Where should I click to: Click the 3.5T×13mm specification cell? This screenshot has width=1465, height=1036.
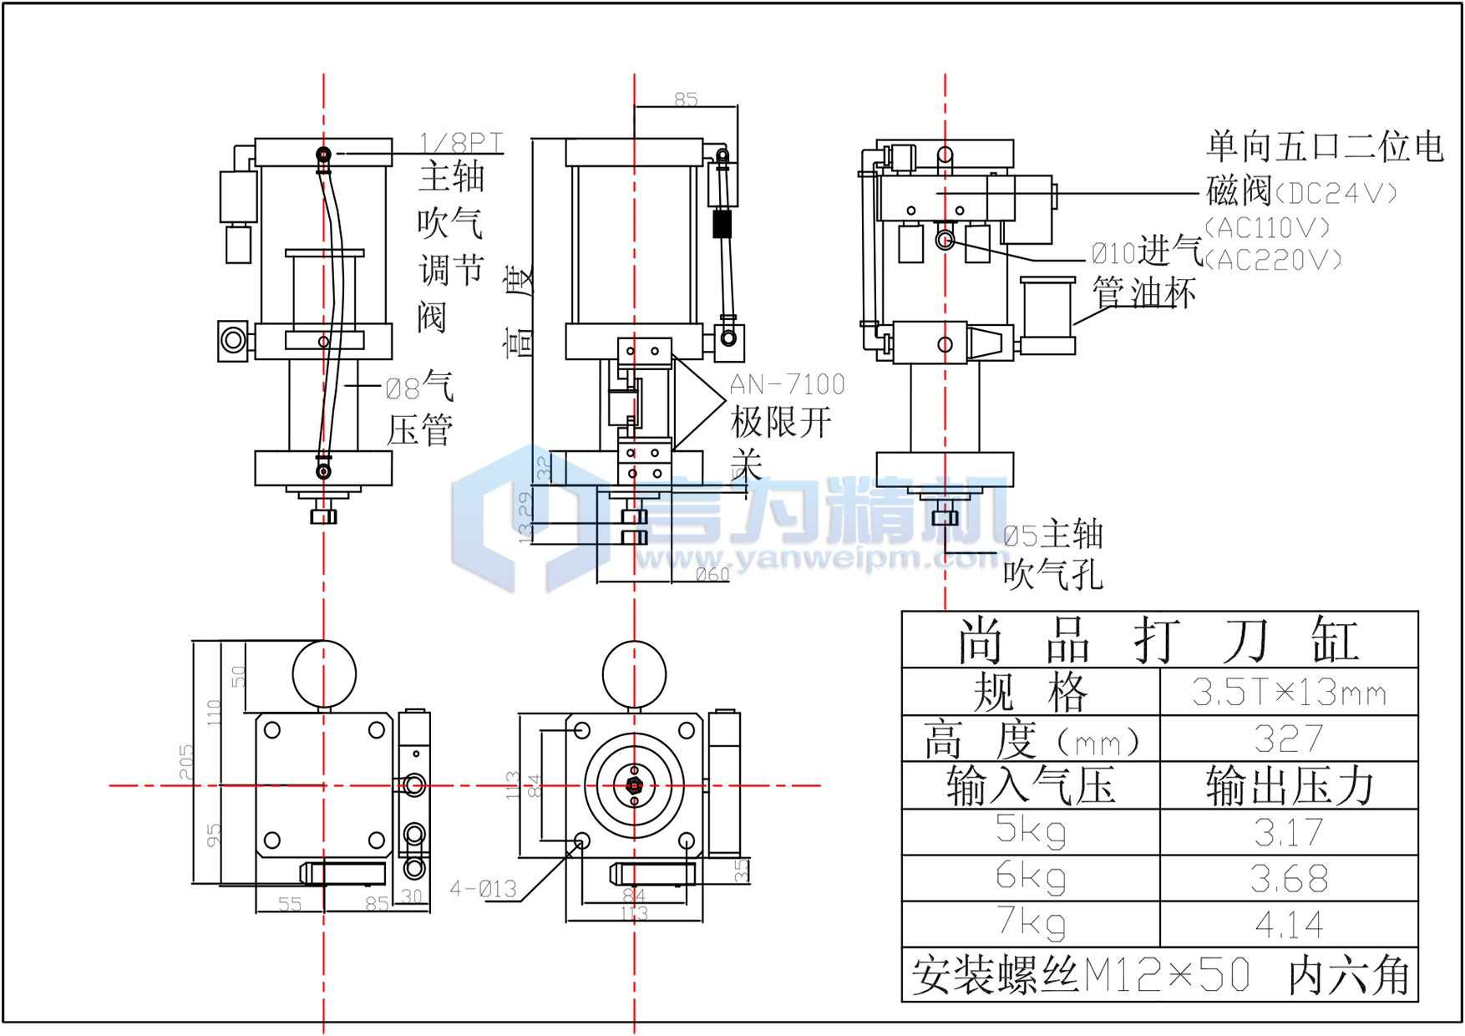tap(1289, 693)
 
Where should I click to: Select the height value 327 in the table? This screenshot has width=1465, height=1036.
tap(1289, 739)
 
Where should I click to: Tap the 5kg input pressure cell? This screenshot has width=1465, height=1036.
tap(1031, 830)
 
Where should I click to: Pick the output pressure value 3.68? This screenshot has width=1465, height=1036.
tap(1289, 878)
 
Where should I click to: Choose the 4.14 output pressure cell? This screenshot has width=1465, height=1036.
tap(1289, 925)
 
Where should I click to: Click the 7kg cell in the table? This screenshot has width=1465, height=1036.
tap(1031, 923)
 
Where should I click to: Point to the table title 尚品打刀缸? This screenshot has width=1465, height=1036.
tap(1159, 641)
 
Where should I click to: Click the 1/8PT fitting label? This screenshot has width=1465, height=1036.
tap(461, 144)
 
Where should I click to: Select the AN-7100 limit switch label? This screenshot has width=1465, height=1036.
tap(787, 384)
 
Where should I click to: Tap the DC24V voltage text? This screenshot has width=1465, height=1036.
tap(1335, 194)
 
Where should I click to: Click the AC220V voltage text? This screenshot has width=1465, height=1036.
tap(1274, 261)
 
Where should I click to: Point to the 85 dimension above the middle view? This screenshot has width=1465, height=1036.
tap(686, 99)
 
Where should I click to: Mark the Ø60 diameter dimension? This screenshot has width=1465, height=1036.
tap(712, 574)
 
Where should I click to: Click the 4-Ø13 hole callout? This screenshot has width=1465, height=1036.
tap(483, 889)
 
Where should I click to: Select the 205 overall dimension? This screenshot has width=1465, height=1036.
tap(185, 762)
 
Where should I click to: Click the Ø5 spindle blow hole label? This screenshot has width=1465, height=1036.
tap(1052, 536)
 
